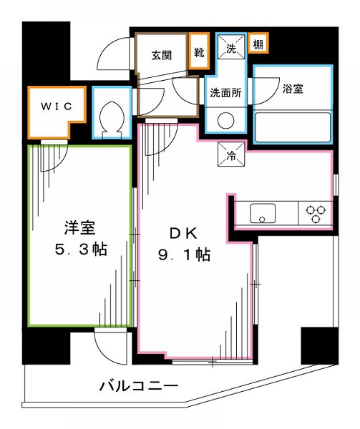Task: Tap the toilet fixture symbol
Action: coord(111,115)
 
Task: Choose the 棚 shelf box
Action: coord(257,45)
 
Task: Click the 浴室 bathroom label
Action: coord(293,89)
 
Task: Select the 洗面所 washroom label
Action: coord(225,92)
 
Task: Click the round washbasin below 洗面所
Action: coord(225,120)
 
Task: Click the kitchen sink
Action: coord(263,212)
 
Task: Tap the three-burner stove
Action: coord(315,212)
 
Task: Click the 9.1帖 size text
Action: coord(183,254)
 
